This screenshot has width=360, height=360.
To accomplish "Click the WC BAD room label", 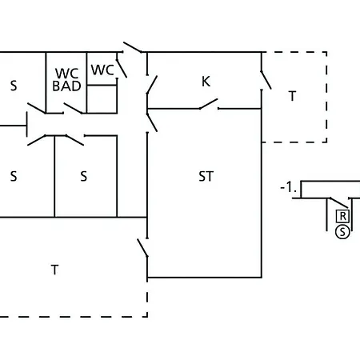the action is [x=66, y=80].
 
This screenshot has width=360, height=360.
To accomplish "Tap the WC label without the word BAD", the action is [x=102, y=70].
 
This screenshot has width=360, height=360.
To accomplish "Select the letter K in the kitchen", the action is [x=206, y=82].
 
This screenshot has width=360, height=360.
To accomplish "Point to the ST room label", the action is [x=206, y=176].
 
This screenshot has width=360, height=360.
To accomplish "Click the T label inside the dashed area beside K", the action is [x=293, y=96].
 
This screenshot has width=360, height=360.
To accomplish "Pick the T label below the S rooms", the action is [x=54, y=270].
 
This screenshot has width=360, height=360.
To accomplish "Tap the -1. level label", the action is [x=289, y=187].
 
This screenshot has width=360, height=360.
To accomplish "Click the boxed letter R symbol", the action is [x=342, y=216].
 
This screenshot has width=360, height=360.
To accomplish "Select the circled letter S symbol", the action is [x=342, y=232].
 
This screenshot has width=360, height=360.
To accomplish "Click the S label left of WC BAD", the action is [x=14, y=86].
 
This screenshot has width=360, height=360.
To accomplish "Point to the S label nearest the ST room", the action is [x=84, y=176].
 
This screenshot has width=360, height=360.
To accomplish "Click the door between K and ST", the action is [x=209, y=104].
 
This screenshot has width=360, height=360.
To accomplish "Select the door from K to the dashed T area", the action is [x=266, y=80].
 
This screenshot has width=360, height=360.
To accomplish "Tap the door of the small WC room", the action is [x=122, y=69].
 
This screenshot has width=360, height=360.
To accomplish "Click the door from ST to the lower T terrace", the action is [x=142, y=248].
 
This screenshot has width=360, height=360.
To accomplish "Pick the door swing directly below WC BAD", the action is [x=73, y=108].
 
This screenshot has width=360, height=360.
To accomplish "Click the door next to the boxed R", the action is [x=338, y=203].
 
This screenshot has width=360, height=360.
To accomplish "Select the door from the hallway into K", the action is [x=152, y=85].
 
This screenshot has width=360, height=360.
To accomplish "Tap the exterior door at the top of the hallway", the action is [x=133, y=47].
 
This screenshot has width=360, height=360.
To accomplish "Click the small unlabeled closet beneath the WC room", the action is [x=102, y=99].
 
